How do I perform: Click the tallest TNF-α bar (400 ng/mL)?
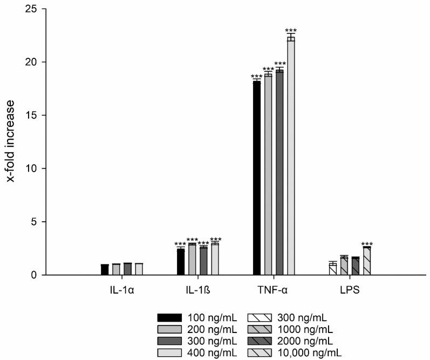tap(291, 157)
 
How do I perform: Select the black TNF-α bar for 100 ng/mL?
tap(256, 178)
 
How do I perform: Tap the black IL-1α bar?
tap(105, 270)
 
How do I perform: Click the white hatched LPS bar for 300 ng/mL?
tap(333, 269)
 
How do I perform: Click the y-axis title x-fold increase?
tap(11, 141)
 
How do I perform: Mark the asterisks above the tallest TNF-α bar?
tap(291, 31)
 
